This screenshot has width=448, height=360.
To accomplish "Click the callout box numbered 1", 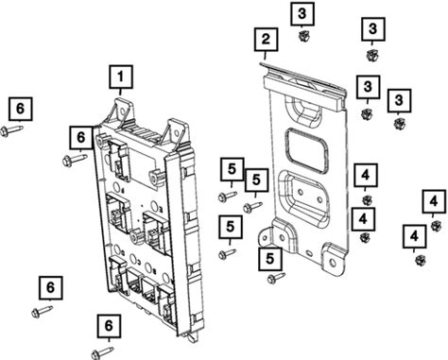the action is (x=121, y=77).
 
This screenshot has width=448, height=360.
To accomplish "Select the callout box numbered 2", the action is (x=267, y=40).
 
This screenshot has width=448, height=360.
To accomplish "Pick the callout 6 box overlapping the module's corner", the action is (x=81, y=137).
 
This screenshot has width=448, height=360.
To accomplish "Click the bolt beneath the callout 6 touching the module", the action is (x=75, y=160).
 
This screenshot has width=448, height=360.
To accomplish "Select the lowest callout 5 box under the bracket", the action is (x=270, y=259).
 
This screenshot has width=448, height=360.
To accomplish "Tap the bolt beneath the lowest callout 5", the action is (x=276, y=278).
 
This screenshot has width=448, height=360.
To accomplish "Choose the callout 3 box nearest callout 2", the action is (x=302, y=13).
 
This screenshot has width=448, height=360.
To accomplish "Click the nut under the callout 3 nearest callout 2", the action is (x=303, y=36).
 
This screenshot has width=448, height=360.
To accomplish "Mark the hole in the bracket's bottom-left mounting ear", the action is (x=266, y=238).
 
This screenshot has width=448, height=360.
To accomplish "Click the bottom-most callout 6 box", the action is (x=109, y=326).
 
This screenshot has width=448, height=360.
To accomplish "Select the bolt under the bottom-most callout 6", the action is (x=102, y=352).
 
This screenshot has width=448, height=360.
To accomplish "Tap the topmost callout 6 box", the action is (x=21, y=109).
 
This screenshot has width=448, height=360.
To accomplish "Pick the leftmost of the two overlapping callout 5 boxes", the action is (x=233, y=169).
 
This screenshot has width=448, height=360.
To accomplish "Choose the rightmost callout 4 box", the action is (x=434, y=201).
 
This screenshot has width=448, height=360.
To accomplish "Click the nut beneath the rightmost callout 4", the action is (x=436, y=226).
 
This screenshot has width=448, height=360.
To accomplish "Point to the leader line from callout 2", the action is (x=265, y=56).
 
